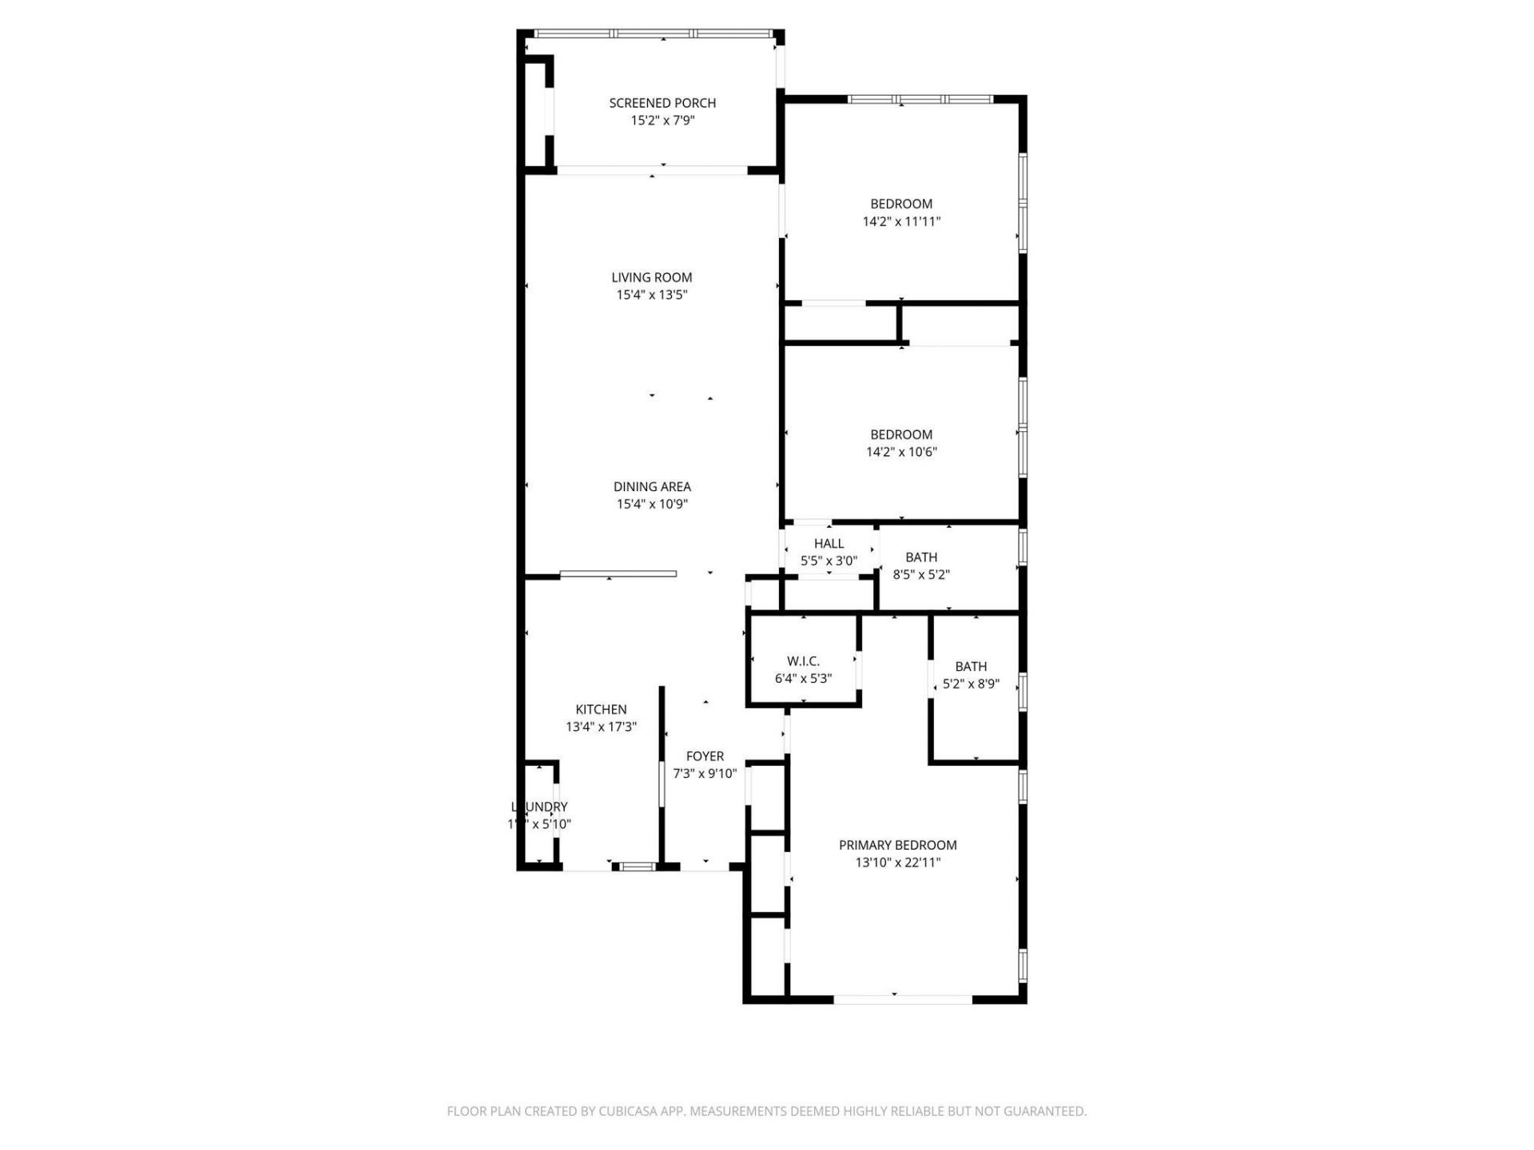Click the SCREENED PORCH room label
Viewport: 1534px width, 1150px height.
click(x=662, y=103)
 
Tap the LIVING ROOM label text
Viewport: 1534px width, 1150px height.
click(x=652, y=278)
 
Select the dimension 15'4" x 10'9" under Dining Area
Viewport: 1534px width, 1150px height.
click(x=652, y=504)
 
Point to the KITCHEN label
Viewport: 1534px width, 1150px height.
click(x=601, y=709)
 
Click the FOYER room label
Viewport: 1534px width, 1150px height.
click(x=705, y=756)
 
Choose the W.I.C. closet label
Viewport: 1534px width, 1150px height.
click(x=803, y=661)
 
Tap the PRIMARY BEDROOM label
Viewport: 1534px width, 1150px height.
click(x=897, y=845)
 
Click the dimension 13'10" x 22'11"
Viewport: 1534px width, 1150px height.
click(x=897, y=862)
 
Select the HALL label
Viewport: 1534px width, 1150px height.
click(x=829, y=544)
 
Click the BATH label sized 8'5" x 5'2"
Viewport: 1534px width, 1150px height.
click(x=921, y=557)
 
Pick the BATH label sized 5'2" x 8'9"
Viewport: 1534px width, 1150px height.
click(x=971, y=667)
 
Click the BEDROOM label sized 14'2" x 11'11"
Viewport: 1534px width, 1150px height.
click(x=901, y=204)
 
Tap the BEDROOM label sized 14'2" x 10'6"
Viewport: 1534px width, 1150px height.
click(x=901, y=434)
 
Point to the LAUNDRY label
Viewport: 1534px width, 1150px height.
click(x=539, y=807)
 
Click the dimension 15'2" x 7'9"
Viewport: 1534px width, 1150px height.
click(x=662, y=121)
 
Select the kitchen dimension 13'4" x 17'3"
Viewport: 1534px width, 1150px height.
click(x=601, y=727)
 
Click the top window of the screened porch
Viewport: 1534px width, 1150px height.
click(x=654, y=34)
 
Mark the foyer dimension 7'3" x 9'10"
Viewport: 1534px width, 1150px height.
click(x=705, y=774)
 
